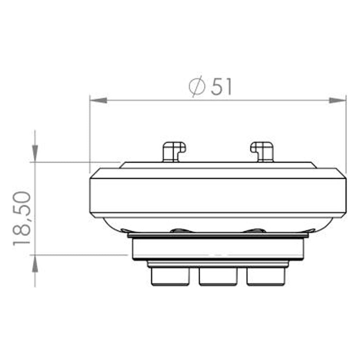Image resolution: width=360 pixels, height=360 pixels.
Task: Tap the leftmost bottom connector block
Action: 170,276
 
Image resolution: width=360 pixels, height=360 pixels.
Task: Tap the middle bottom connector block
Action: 218,276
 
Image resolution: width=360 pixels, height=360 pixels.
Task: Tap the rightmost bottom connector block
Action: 266,276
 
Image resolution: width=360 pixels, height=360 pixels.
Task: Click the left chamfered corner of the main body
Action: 94,174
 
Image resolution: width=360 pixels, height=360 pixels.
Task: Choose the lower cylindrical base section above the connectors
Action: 217,248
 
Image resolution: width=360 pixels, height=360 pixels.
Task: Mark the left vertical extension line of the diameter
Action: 90,137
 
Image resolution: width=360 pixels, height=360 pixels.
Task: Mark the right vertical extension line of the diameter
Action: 346,137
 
